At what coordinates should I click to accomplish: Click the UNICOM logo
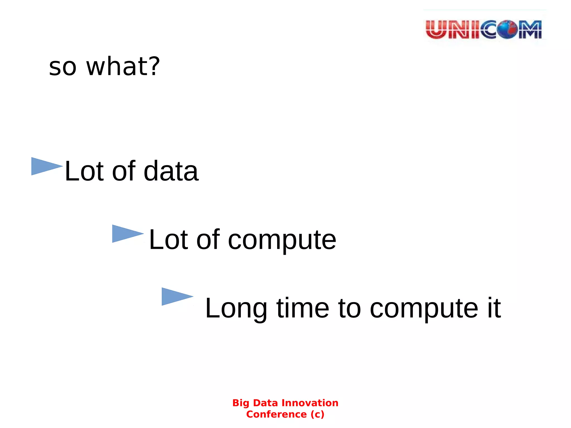pos(484,29)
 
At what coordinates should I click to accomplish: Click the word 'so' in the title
pos(62,67)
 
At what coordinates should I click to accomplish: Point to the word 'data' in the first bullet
pos(171,171)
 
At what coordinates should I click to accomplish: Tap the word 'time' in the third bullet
pos(303,308)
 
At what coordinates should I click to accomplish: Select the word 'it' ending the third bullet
pos(494,308)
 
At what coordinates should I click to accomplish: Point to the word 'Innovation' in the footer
pos(310,403)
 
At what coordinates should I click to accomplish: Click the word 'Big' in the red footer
pos(241,403)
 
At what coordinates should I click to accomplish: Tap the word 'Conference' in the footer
pos(276,414)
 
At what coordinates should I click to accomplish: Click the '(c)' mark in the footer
pos(317,414)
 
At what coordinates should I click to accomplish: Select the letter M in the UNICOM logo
pos(530,29)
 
